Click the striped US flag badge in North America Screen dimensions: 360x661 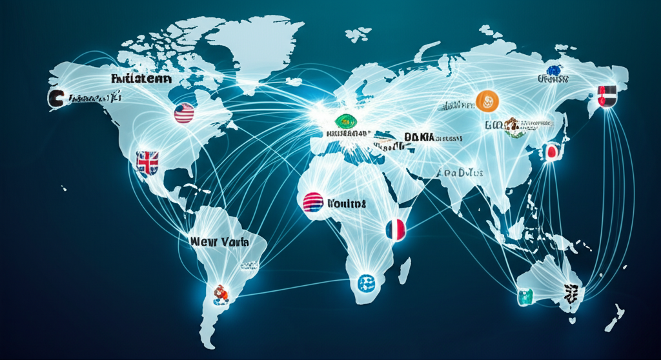184,114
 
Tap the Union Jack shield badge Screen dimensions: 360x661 147,163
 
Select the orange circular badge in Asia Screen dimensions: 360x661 487,100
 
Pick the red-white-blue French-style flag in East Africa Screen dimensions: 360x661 395,230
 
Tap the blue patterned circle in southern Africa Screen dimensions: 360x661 365,283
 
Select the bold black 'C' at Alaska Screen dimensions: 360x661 56,99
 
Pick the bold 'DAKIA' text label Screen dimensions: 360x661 420,137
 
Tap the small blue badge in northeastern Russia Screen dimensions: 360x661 553,70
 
